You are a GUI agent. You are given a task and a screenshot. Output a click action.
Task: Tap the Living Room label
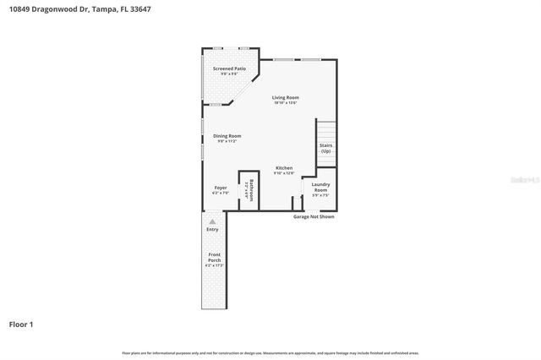285,97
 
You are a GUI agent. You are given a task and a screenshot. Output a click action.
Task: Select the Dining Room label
227,136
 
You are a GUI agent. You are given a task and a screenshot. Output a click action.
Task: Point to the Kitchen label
284,168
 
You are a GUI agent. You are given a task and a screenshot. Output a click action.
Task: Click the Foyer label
220,188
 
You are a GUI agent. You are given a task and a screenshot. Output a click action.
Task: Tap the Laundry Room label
320,187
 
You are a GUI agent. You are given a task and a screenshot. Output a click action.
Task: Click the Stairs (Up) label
325,148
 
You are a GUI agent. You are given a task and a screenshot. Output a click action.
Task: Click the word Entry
212,229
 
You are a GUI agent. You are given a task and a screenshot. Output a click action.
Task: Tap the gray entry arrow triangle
212,221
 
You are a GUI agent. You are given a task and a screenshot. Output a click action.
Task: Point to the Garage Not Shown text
314,216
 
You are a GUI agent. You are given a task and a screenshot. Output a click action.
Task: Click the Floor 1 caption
21,324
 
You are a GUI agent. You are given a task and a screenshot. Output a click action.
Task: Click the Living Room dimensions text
285,103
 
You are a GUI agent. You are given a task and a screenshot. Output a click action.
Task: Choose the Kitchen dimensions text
284,173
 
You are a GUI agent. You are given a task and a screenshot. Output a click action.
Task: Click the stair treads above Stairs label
326,131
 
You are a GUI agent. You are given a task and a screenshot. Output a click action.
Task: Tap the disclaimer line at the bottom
270,352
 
